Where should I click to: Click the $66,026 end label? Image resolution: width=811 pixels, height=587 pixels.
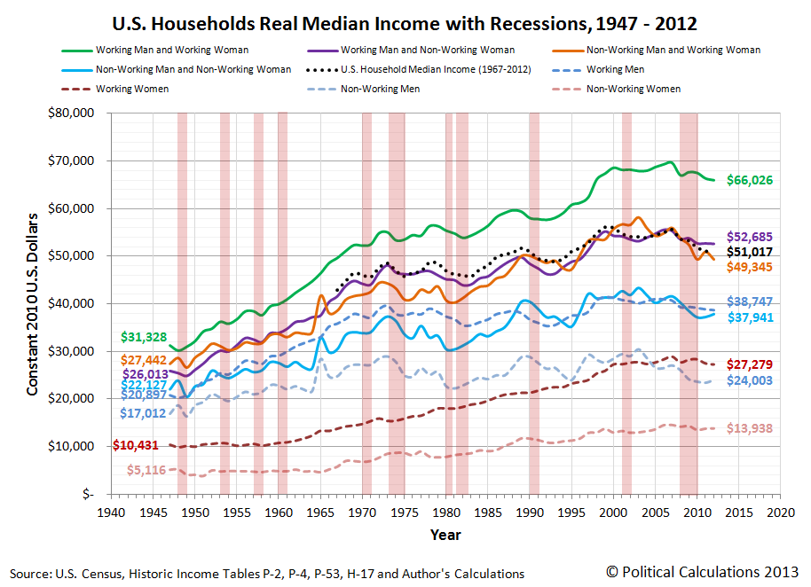[x=750, y=181]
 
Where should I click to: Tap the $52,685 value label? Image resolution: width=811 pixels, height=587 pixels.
[x=750, y=237]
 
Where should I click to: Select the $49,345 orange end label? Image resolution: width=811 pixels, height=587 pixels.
[x=750, y=267]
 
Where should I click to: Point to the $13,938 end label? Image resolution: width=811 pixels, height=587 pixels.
[x=750, y=429]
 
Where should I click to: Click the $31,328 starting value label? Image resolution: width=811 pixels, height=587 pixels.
[x=144, y=337]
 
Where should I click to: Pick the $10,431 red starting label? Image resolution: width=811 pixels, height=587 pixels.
[x=138, y=444]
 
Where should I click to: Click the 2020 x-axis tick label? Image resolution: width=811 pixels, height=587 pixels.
[x=780, y=513]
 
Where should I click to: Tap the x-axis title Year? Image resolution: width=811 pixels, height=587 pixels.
[x=445, y=536]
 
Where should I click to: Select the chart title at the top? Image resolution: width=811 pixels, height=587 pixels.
[x=405, y=21]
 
